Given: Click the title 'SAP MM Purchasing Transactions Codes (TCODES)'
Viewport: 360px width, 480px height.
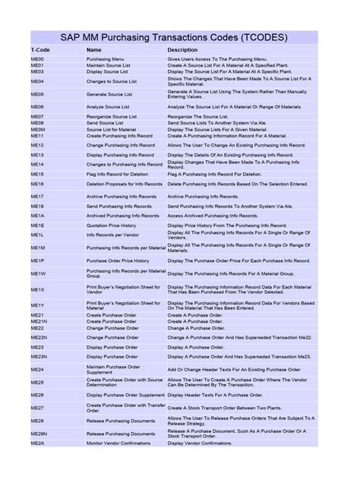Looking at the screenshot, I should pyautogui.click(x=180, y=35).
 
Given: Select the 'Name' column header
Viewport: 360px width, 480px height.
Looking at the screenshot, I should pyautogui.click(x=94, y=49).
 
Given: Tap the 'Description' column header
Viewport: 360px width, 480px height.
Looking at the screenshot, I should pyautogui.click(x=182, y=49).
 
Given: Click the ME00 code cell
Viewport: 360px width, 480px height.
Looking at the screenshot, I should pyautogui.click(x=37, y=58).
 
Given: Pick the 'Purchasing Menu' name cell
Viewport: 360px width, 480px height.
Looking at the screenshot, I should pyautogui.click(x=106, y=58).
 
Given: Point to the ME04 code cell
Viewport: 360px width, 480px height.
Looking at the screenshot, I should pyautogui.click(x=37, y=81).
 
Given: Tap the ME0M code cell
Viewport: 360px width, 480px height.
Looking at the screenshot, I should pyautogui.click(x=37, y=129).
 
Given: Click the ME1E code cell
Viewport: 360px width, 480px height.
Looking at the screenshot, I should pyautogui.click(x=37, y=226).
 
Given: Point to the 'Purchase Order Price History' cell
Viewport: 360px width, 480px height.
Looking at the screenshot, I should pyautogui.click(x=118, y=261).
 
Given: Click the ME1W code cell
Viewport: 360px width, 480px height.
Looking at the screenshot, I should pyautogui.click(x=38, y=273).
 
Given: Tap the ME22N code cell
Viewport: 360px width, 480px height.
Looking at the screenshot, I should pyautogui.click(x=39, y=336).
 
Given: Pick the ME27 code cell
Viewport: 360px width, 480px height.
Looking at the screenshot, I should pyautogui.click(x=37, y=408).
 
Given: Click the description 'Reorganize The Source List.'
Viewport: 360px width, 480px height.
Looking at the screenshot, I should pyautogui.click(x=197, y=116).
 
